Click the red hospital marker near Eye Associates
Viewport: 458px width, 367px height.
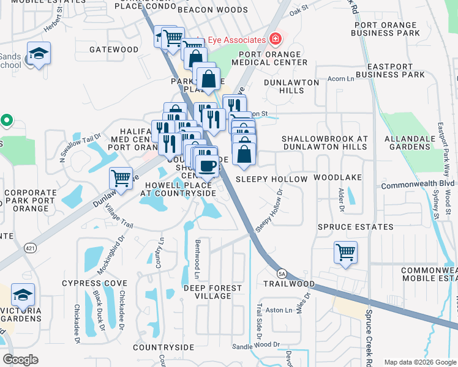(276, 39)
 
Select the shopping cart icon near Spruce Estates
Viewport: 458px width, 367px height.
(346, 251)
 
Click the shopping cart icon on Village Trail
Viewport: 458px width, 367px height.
(121, 178)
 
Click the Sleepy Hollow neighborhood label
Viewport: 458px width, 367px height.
(271, 179)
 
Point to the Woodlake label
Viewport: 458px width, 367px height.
(338, 177)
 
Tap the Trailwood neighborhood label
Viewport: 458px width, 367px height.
(289, 284)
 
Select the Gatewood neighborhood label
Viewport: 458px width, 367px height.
(114, 49)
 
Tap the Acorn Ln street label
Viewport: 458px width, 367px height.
(342, 79)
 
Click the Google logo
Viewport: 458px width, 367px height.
(20, 360)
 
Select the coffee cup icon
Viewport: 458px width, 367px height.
(207, 165)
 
